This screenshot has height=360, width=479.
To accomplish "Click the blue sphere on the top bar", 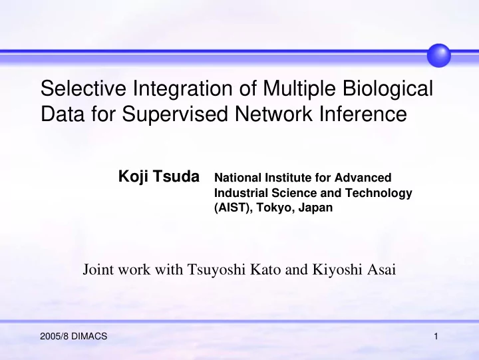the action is click(x=438, y=55).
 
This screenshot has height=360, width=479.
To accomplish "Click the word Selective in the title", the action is click(x=83, y=88).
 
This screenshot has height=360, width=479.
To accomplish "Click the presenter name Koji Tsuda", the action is click(x=159, y=176).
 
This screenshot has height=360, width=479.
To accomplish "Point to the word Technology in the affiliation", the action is click(x=379, y=193).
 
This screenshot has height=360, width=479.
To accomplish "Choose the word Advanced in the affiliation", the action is click(x=363, y=178).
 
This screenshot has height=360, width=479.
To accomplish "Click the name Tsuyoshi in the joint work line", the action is click(x=216, y=270).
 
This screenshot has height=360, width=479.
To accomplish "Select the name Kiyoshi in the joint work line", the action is click(x=336, y=270).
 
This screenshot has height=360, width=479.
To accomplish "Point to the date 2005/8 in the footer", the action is click(x=55, y=337).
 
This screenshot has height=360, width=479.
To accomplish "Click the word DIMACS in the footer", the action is click(x=89, y=337).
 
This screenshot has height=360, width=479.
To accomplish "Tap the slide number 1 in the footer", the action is click(x=436, y=337).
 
